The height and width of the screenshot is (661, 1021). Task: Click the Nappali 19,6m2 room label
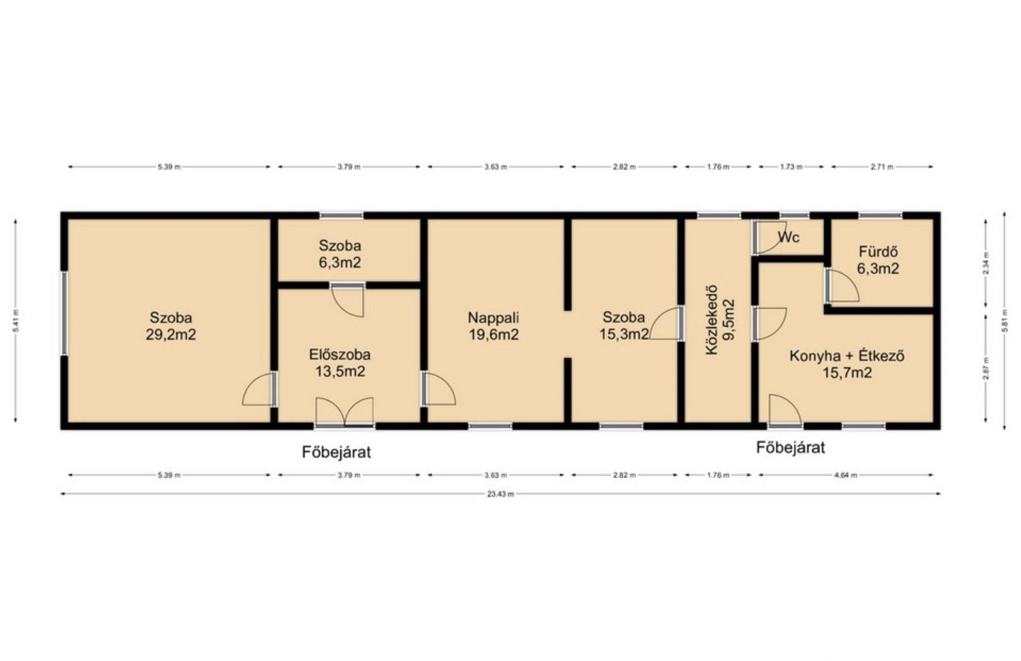pyautogui.click(x=493, y=326)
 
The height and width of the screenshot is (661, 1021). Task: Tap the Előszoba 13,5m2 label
pyautogui.click(x=340, y=363)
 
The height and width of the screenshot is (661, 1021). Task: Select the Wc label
pyautogui.click(x=789, y=237)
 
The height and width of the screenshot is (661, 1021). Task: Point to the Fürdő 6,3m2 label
pyautogui.click(x=878, y=260)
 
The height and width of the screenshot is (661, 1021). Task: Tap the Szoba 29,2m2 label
pyautogui.click(x=171, y=326)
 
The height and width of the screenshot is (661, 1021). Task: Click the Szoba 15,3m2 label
pyautogui.click(x=624, y=325)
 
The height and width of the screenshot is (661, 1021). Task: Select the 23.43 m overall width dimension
pyautogui.click(x=500, y=494)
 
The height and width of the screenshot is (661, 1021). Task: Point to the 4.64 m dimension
pyautogui.click(x=846, y=475)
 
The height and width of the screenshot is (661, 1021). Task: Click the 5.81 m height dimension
pyautogui.click(x=1005, y=320)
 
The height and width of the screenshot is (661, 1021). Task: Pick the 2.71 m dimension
pyautogui.click(x=882, y=167)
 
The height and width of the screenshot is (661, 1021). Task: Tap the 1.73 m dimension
pyautogui.click(x=791, y=167)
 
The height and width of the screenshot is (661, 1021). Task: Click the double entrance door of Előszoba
pyautogui.click(x=345, y=412)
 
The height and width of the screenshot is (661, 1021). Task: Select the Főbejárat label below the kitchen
pyautogui.click(x=791, y=447)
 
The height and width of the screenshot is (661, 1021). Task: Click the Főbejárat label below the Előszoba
pyautogui.click(x=336, y=452)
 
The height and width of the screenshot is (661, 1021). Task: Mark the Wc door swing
pyautogui.click(x=769, y=238)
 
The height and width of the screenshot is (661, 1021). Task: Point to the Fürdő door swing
pyautogui.click(x=842, y=286)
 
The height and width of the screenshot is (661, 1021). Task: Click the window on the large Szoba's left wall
pyautogui.click(x=64, y=313)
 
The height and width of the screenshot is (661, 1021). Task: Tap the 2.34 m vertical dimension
pyautogui.click(x=986, y=264)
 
